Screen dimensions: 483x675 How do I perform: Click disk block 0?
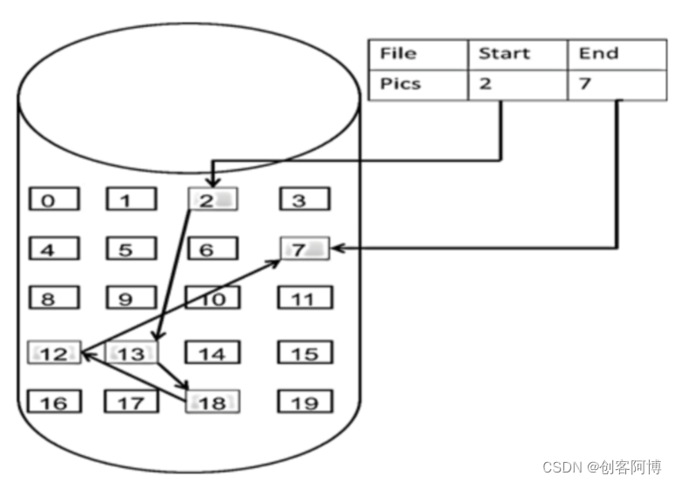[x=53, y=201]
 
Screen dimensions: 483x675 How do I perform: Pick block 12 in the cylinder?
[x=54, y=353]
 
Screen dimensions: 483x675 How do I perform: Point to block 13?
[x=131, y=353]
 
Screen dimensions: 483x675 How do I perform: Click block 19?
[x=304, y=402]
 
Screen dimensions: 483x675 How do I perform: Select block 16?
[x=54, y=402]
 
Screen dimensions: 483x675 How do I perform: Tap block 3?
[x=304, y=201]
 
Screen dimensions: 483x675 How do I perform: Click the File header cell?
[x=419, y=54]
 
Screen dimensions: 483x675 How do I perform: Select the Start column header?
[x=518, y=54]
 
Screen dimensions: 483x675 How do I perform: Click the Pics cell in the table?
[x=419, y=85]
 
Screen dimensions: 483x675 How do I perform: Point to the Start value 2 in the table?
[x=518, y=85]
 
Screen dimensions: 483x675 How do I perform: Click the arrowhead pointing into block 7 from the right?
[x=337, y=248]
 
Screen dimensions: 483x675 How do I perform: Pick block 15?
[x=304, y=353]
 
